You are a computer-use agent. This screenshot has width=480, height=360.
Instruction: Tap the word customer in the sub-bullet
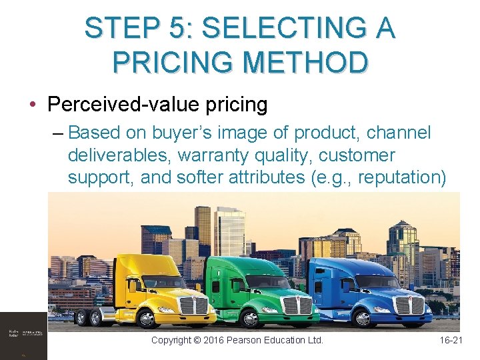point(357,155)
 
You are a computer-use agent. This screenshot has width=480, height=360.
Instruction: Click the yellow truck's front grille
point(194,305)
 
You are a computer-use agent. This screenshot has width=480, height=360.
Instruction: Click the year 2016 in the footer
point(210,340)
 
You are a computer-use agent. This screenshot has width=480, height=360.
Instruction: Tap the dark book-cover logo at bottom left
point(23,336)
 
